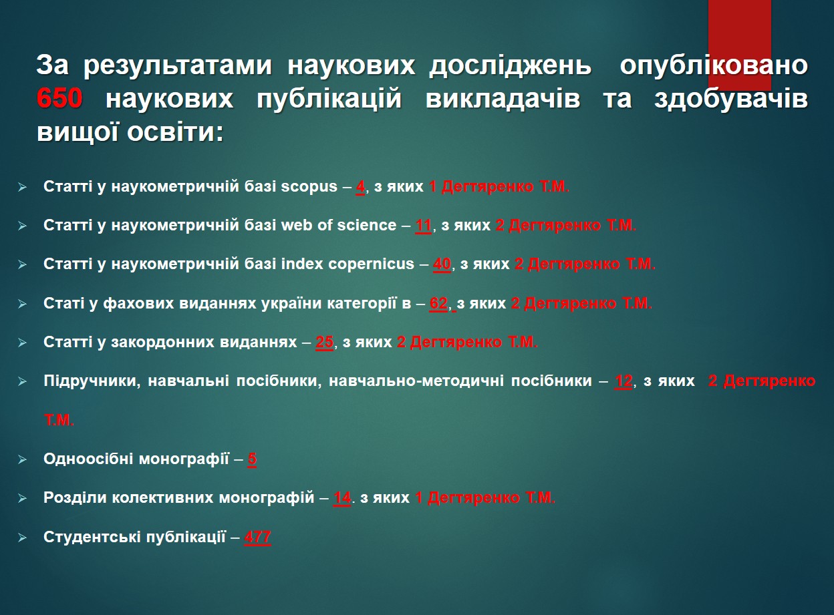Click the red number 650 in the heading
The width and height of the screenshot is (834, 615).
(x=59, y=98)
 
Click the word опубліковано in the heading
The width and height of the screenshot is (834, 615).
(x=714, y=65)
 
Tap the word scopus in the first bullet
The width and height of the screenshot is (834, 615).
(x=309, y=186)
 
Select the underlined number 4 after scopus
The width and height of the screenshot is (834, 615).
(x=360, y=187)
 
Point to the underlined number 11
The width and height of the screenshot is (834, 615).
(x=424, y=226)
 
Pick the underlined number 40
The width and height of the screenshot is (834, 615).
(x=442, y=264)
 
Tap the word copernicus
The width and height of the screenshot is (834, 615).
(x=371, y=264)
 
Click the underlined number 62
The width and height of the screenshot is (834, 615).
(x=438, y=303)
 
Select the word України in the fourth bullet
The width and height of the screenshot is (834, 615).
(x=291, y=303)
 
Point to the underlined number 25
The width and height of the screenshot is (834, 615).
(x=325, y=343)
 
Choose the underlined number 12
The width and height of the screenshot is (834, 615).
(x=623, y=381)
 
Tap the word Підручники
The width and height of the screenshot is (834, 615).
(x=92, y=381)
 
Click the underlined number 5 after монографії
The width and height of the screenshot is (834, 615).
(x=252, y=459)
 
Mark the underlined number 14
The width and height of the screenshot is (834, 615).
(x=341, y=498)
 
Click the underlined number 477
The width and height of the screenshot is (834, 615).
(x=257, y=538)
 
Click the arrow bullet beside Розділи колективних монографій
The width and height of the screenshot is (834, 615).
(x=22, y=499)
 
